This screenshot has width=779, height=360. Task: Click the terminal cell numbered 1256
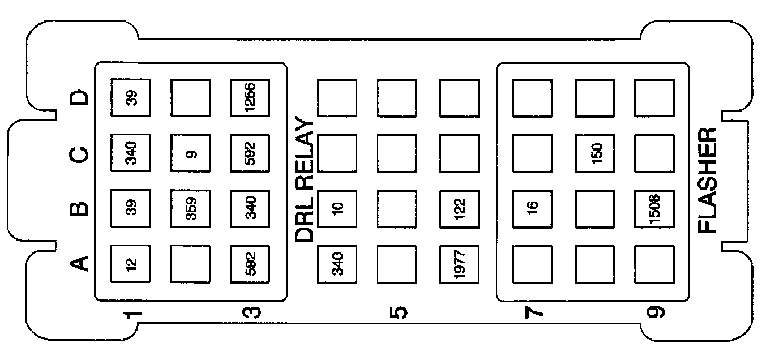(250, 98)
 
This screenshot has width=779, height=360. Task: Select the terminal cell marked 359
(190, 208)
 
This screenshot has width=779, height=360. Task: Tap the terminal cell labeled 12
(130, 263)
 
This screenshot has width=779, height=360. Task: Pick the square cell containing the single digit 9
(190, 153)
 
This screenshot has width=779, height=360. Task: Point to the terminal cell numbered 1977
(459, 263)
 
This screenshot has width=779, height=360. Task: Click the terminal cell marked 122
(459, 208)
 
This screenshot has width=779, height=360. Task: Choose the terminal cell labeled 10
(337, 208)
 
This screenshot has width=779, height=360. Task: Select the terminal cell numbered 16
(532, 208)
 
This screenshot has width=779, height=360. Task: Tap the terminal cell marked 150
(595, 153)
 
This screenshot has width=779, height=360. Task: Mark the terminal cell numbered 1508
(654, 208)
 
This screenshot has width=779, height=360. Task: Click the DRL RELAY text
(305, 180)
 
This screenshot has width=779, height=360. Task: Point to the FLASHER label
(708, 180)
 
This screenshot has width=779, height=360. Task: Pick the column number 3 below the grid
(251, 312)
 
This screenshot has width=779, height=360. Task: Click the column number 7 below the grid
(533, 312)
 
